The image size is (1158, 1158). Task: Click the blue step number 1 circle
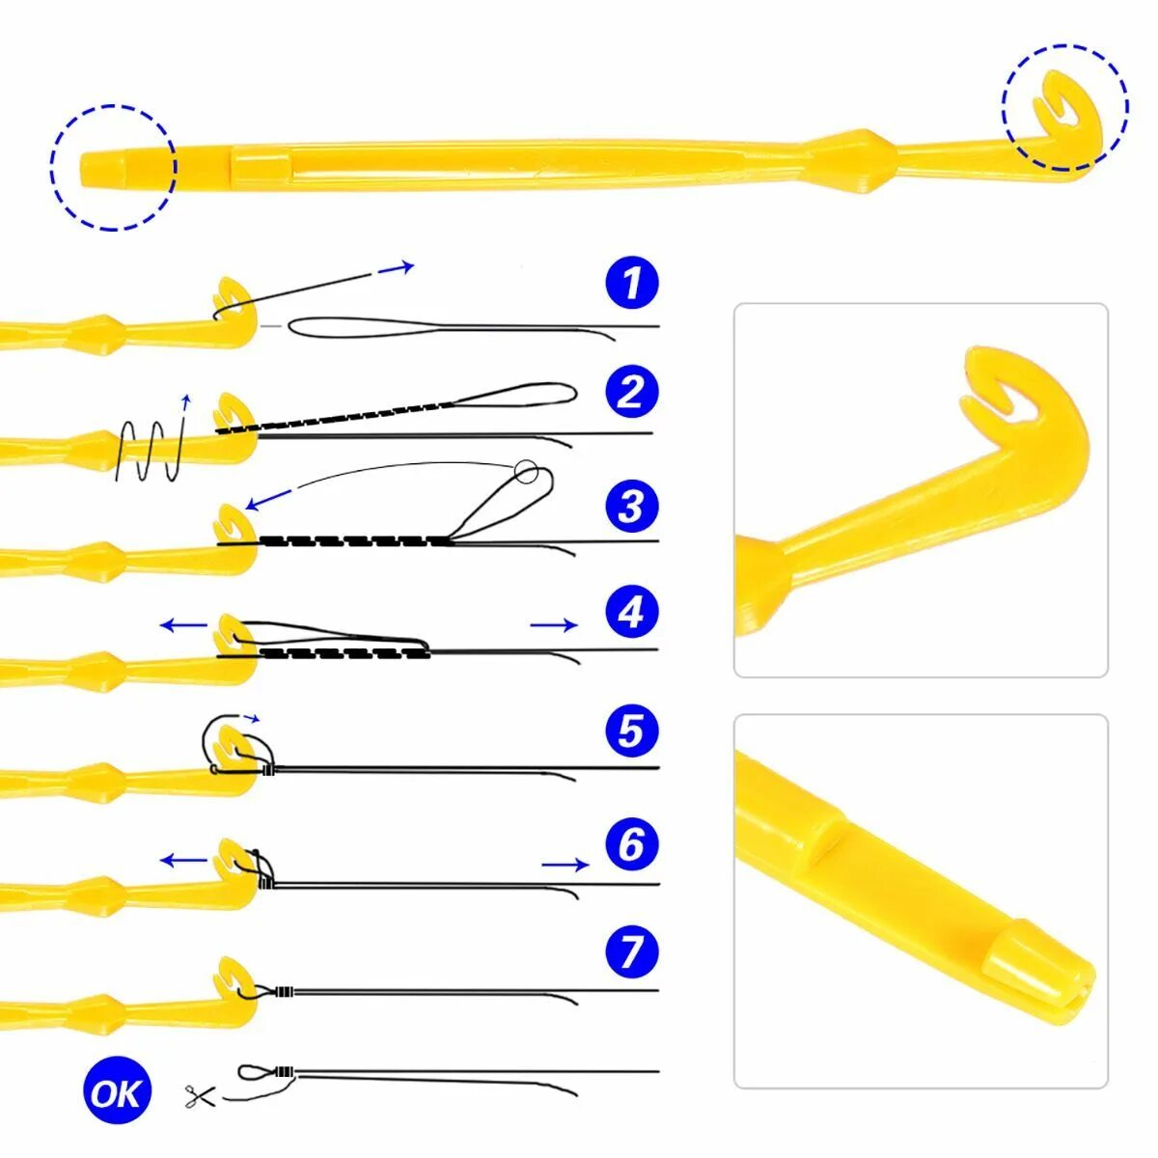pos(631,284)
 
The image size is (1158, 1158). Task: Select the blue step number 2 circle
pos(631,392)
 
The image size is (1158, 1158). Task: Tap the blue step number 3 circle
pos(631,506)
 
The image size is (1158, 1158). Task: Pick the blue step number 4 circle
pos(631,612)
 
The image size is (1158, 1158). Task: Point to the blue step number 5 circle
pos(631,731)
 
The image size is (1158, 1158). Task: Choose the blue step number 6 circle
pos(631,844)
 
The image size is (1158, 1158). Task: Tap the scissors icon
pos(200,1095)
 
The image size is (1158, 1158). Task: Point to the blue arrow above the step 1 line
pos(396,267)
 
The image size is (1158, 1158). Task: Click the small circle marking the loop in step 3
pos(526,471)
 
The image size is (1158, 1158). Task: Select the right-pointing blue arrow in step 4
pos(554,625)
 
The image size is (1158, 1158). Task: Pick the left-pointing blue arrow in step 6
pos(183,860)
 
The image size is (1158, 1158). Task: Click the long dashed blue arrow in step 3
pos(270,499)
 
